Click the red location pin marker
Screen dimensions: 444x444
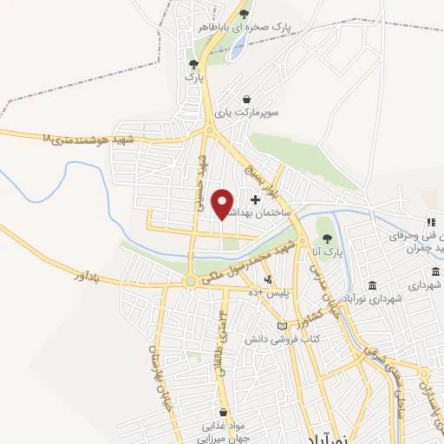click(x=223, y=205)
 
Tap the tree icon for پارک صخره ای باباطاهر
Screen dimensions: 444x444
click(x=245, y=14)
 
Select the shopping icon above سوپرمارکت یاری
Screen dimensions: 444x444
click(x=247, y=99)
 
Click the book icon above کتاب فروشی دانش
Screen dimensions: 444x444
click(x=280, y=325)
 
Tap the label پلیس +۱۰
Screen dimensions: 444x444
click(x=271, y=293)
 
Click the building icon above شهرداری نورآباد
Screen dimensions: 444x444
click(x=372, y=286)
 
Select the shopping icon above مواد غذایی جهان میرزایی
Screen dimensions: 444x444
click(x=225, y=412)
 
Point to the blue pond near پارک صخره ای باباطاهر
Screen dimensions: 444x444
click(x=236, y=49)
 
